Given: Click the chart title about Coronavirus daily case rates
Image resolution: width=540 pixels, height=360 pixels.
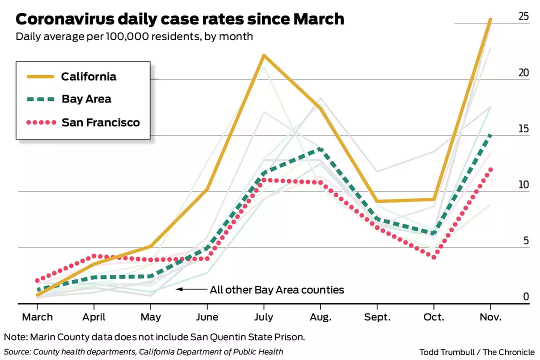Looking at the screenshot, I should click(x=180, y=19).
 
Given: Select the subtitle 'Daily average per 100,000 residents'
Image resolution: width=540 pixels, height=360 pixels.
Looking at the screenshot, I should click(x=134, y=36).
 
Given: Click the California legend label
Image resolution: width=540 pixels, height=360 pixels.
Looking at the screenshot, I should click(x=89, y=76).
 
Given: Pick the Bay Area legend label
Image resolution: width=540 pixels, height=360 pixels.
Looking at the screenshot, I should click(x=86, y=99).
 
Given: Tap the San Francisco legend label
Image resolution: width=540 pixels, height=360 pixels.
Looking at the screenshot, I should click(x=100, y=122).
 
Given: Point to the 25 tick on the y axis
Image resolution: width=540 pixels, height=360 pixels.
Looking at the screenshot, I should click(x=523, y=16).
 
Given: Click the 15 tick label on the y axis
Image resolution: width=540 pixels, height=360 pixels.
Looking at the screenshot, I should click(x=523, y=129).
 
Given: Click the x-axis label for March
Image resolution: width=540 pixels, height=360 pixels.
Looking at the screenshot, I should click(x=37, y=317).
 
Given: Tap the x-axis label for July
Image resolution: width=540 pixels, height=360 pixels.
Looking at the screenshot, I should click(x=263, y=317).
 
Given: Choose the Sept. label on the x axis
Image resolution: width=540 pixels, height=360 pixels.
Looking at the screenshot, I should click(x=377, y=317).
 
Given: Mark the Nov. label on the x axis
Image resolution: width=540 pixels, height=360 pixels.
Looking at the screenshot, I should click(x=490, y=317).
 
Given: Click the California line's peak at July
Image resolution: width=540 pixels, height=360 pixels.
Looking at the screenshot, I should click(x=263, y=55).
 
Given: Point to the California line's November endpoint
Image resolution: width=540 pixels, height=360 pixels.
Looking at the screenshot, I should click(x=490, y=19).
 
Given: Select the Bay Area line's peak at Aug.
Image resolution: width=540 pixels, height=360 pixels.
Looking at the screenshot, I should click(x=320, y=149).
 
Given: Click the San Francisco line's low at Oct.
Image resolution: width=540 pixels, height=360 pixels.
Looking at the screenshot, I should click(x=433, y=257).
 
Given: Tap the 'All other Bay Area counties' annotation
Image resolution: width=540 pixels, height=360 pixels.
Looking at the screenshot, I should click(x=277, y=289).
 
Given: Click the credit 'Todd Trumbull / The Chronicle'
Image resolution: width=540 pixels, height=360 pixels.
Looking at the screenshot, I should click(x=477, y=352).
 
